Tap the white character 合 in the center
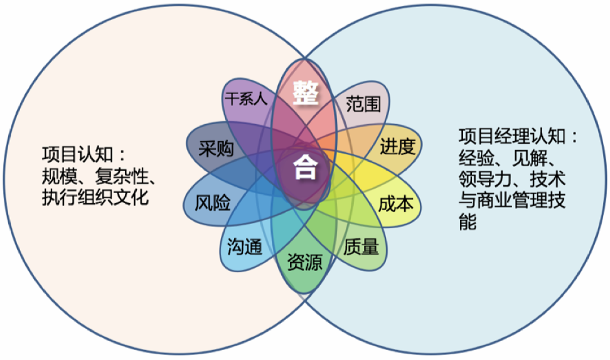(306, 167)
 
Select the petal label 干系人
(246, 98)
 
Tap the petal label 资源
(305, 262)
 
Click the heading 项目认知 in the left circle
(68, 154)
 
